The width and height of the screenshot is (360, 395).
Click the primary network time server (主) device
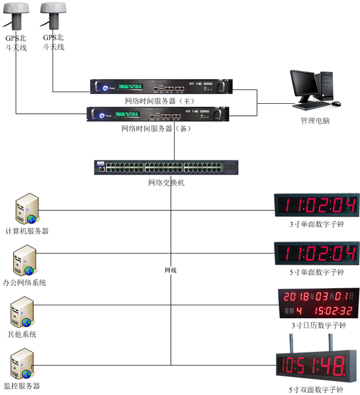pyautogui.click(x=160, y=87)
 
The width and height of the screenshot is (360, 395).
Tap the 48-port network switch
pyautogui.click(x=166, y=167)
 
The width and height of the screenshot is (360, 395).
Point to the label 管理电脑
pyautogui.click(x=315, y=121)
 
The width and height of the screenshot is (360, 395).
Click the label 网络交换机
pyautogui.click(x=166, y=182)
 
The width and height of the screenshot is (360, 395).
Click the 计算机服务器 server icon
pyautogui.click(x=26, y=209)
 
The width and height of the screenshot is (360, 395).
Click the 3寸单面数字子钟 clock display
pyautogui.click(x=316, y=205)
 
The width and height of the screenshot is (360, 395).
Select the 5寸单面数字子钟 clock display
pyautogui.click(x=316, y=252)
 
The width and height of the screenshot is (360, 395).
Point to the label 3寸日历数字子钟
pyautogui.click(x=318, y=325)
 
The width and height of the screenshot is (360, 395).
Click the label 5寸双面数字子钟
pyautogui.click(x=316, y=390)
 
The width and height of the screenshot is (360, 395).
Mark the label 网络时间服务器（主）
pyautogui.click(x=157, y=100)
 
